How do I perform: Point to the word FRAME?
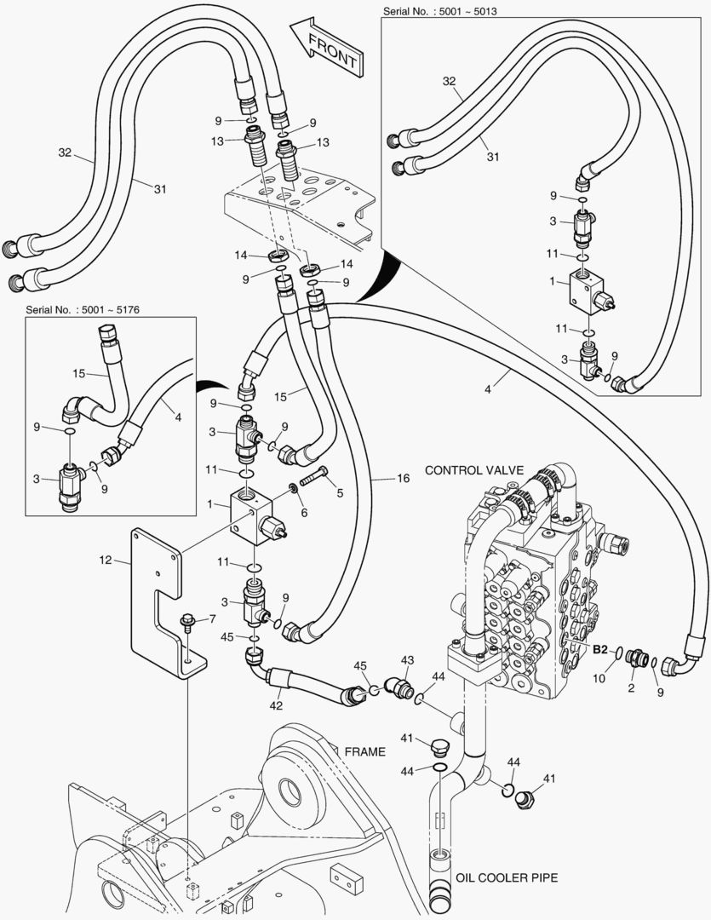(365, 751)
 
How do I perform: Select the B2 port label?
(601, 649)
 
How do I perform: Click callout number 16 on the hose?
(403, 479)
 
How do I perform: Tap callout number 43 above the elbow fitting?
(407, 661)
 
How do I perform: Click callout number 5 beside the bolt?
(341, 492)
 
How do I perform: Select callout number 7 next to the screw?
(212, 618)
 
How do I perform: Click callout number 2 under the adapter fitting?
(631, 687)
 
